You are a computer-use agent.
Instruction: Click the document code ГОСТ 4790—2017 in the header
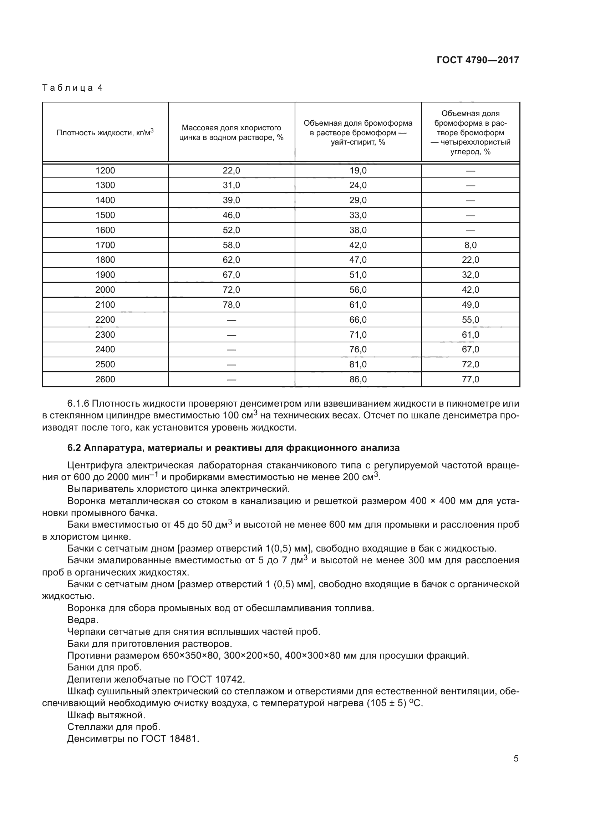[x=478, y=60]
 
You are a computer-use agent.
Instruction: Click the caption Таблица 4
[x=72, y=88]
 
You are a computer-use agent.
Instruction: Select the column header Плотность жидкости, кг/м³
[x=105, y=132]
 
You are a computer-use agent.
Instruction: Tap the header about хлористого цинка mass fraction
[x=232, y=132]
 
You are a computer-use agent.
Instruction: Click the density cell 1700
[x=105, y=245]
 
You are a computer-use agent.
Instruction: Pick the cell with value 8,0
[x=471, y=245]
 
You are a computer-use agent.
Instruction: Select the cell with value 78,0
[x=232, y=305]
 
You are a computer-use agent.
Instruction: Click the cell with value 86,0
[x=358, y=379]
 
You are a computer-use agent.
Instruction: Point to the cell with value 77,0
[x=471, y=379]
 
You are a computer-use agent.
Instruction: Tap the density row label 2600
[x=105, y=379]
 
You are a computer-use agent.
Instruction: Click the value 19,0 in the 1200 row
[x=358, y=171]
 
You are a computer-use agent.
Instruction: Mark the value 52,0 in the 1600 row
[x=232, y=230]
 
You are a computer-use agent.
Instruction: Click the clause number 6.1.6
[x=78, y=404]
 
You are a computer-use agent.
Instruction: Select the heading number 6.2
[x=74, y=448]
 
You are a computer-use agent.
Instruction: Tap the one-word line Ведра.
[x=83, y=620]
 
